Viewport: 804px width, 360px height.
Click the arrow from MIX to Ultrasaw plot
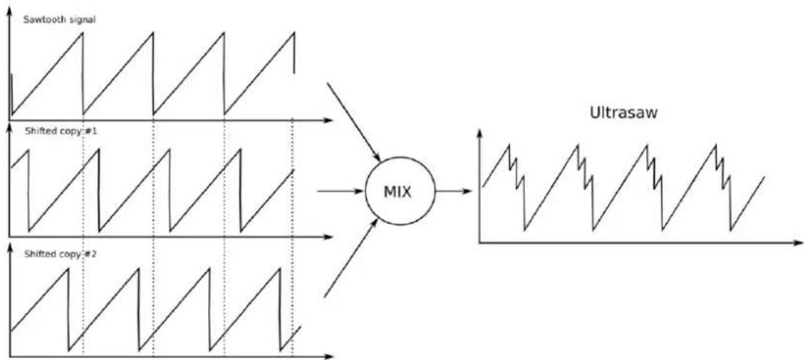(453, 191)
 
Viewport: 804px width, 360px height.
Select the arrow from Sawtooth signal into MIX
(353, 121)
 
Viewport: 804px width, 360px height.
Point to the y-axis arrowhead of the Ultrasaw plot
(479, 134)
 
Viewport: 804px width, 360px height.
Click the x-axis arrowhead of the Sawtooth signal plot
(328, 120)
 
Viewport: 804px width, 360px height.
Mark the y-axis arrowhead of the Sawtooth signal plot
(10, 10)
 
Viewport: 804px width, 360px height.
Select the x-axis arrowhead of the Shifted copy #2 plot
(328, 356)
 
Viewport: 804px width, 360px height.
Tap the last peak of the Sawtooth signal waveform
(294, 33)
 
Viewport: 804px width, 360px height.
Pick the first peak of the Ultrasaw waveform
(509, 145)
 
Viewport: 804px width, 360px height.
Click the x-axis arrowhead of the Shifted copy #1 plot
(328, 237)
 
